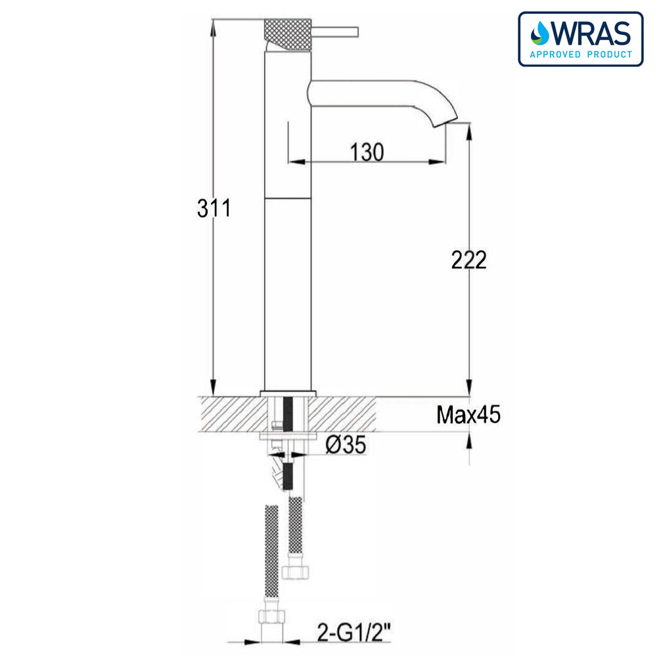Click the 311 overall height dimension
pos(214,208)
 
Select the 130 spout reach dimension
pos(366,152)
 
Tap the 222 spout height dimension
pos(468,260)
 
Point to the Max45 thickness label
pos(468,415)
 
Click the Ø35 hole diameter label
pos(345,446)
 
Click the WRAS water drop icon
pos(540,32)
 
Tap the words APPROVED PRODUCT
pos(580,55)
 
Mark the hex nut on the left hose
pos(271,616)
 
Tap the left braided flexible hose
pos(270,552)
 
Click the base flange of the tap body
pos(288,393)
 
